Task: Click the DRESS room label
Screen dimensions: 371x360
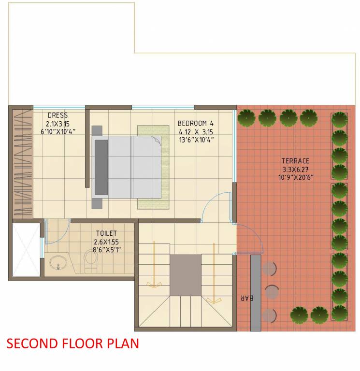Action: [58, 115]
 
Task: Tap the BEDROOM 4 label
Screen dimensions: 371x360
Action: [195, 123]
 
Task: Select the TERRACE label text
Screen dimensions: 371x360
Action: [296, 161]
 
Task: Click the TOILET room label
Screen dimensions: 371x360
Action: [106, 233]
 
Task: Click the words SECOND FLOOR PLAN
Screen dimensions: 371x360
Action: [73, 343]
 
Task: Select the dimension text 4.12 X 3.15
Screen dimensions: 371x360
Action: [195, 131]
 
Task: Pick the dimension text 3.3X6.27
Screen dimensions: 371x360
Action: [296, 169]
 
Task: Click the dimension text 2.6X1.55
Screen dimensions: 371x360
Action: [106, 242]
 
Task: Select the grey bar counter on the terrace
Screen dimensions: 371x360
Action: [256, 292]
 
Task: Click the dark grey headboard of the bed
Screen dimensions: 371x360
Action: [101, 167]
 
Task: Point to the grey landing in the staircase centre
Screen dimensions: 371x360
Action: [185, 275]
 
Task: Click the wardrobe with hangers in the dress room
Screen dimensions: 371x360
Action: [22, 164]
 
